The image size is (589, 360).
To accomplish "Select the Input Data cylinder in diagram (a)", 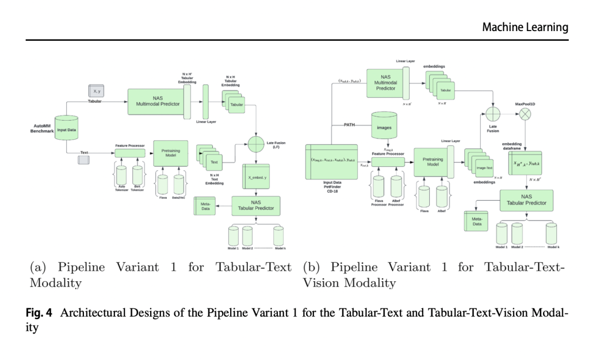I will tap(67, 129).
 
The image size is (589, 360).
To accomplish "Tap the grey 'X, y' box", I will tap(95, 91).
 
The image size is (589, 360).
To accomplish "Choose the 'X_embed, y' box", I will tap(258, 177).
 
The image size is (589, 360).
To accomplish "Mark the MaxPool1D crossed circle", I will tap(524, 114).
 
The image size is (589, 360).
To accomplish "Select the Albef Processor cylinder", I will tap(396, 187).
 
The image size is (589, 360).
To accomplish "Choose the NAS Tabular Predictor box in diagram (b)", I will tap(526, 200).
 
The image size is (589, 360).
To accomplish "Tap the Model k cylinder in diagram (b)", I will tap(553, 233).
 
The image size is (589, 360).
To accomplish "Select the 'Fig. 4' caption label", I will tap(40, 313).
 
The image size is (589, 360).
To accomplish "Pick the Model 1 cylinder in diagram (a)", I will tap(234, 236).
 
